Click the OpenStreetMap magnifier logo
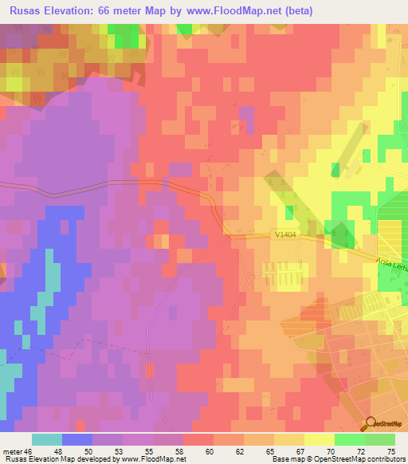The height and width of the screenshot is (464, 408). click(x=370, y=425)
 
